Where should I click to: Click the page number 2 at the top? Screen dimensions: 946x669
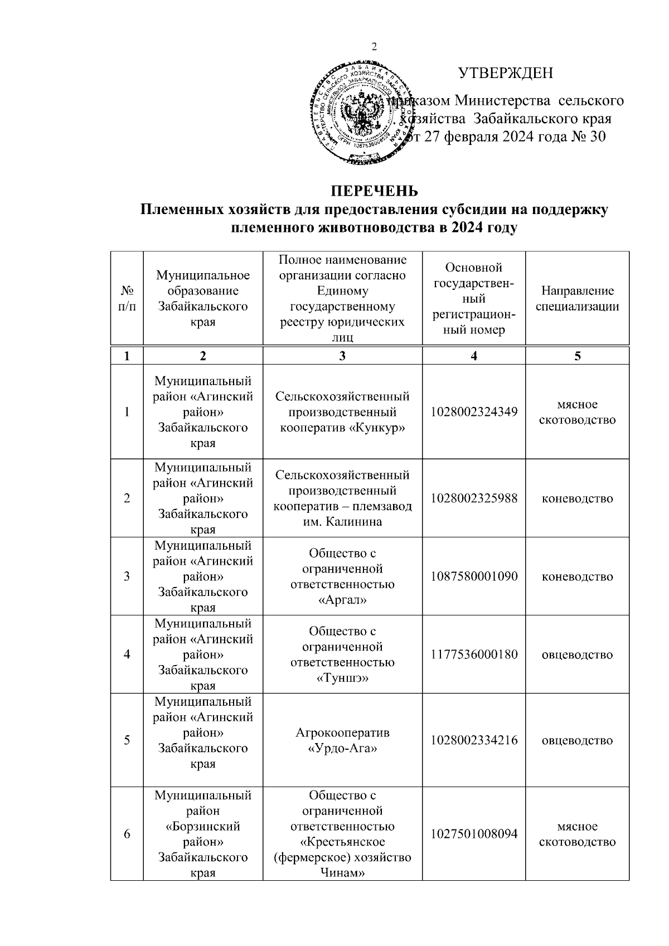374,47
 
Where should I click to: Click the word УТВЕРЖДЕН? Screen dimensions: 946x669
505,73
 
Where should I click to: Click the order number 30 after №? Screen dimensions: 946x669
597,137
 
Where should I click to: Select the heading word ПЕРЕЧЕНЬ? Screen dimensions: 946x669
375,191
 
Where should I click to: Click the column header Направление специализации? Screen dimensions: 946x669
577,298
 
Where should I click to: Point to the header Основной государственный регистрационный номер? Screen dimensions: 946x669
474,298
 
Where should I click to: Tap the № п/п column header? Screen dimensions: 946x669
127,298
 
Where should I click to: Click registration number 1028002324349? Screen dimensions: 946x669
474,412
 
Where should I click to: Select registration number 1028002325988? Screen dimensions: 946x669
474,498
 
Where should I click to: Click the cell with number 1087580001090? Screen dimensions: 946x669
474,576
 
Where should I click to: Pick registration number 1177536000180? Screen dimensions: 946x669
474,654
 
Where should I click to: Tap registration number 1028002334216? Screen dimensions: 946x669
474,740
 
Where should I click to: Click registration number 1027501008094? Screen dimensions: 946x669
474,834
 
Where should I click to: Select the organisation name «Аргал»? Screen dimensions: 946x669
342,600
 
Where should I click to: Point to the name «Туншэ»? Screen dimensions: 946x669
342,678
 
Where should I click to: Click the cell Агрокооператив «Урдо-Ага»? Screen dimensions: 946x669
342,740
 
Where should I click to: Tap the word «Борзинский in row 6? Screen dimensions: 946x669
203,826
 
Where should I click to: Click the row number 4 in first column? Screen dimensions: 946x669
127,654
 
